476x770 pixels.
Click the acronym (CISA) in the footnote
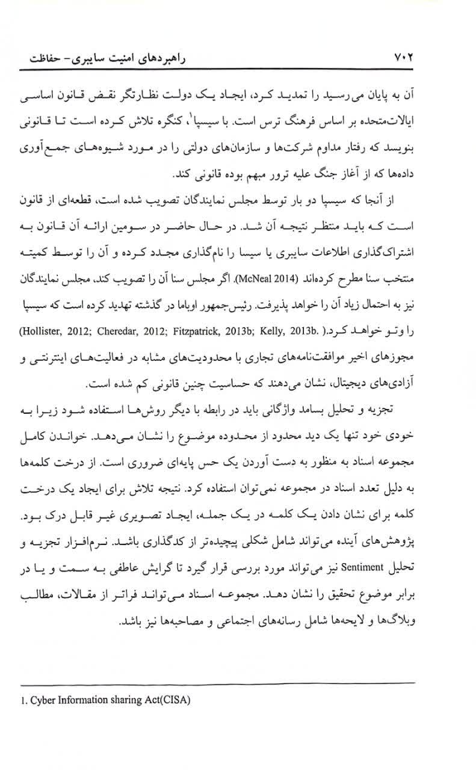tap(178, 700)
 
